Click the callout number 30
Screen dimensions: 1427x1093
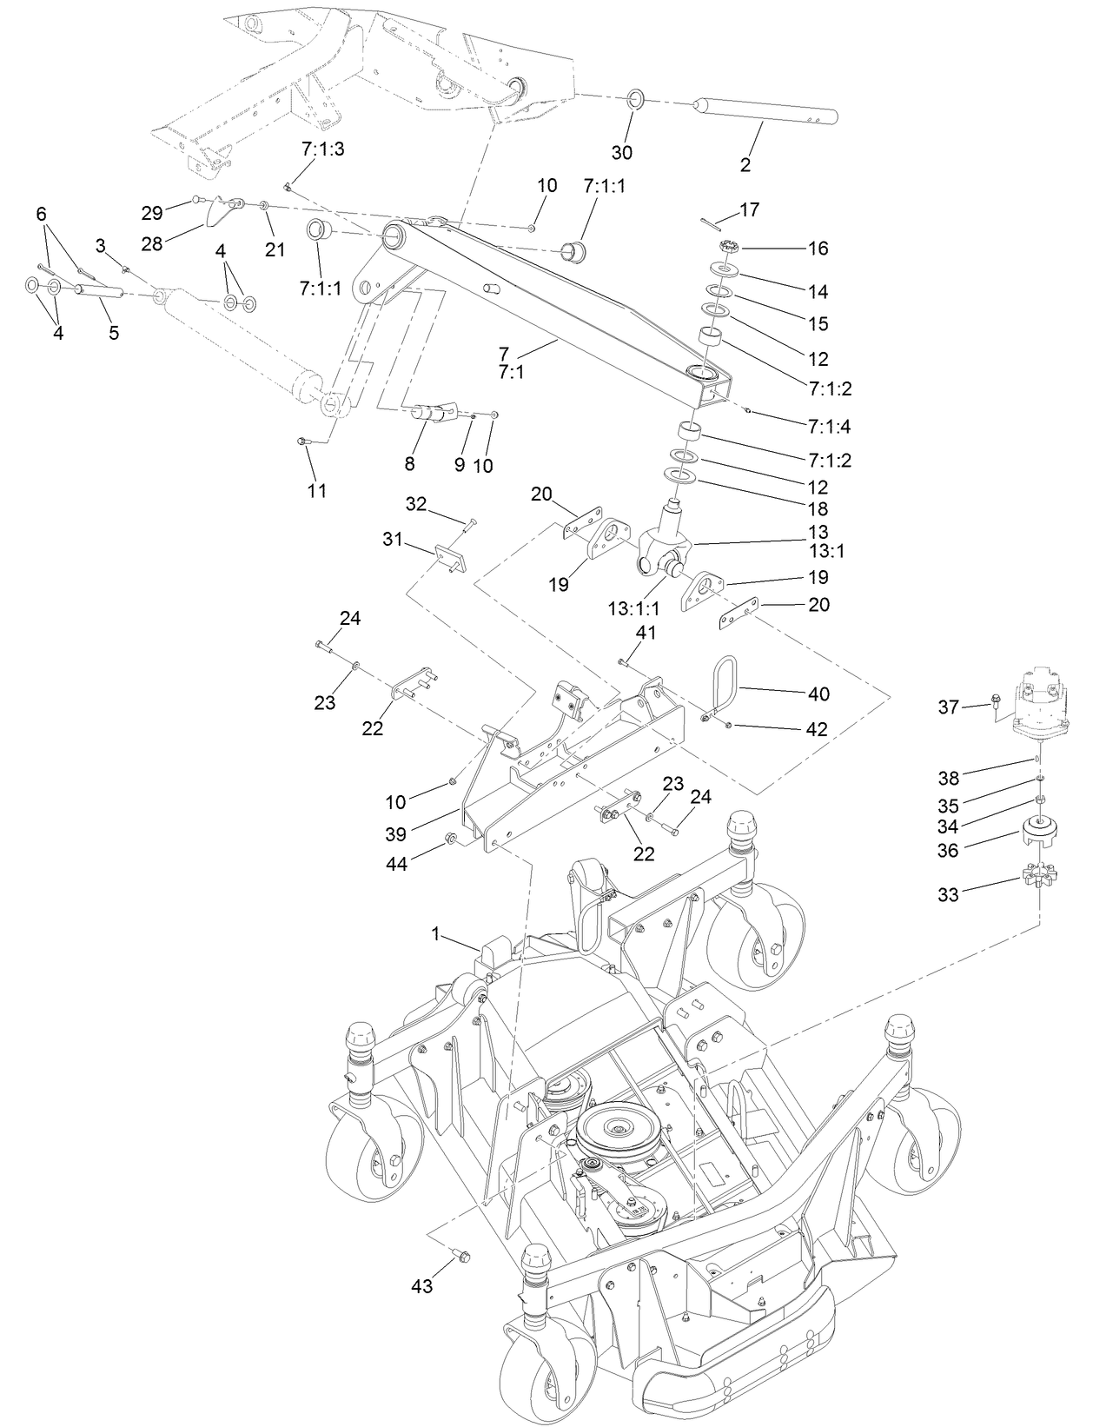[621, 153]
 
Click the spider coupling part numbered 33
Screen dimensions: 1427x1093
[1038, 876]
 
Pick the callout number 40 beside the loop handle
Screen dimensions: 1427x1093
[818, 694]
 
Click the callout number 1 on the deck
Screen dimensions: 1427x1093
[436, 933]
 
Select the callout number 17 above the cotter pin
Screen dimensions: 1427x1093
[749, 209]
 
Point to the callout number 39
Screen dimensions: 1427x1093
[395, 833]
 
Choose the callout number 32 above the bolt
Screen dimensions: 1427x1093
[417, 504]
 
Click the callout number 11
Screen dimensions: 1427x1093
[317, 491]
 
